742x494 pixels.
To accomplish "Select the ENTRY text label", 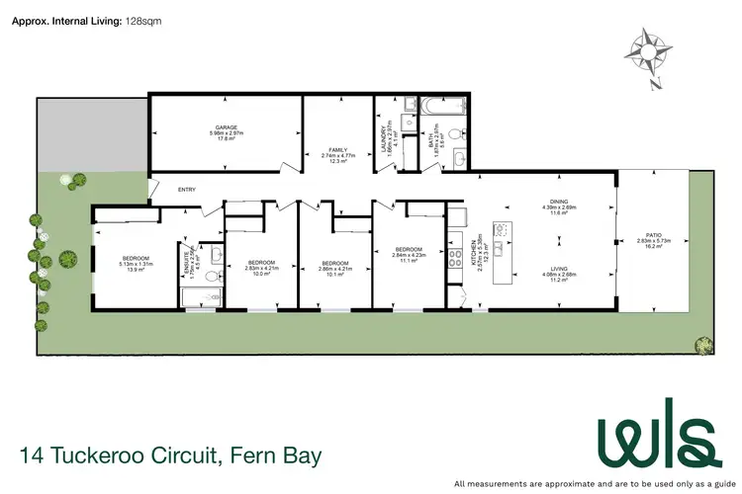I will coord(186,190).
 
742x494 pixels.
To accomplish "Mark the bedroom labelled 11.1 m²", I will coord(408,249).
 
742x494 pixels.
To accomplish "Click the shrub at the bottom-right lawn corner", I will coord(703,344).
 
